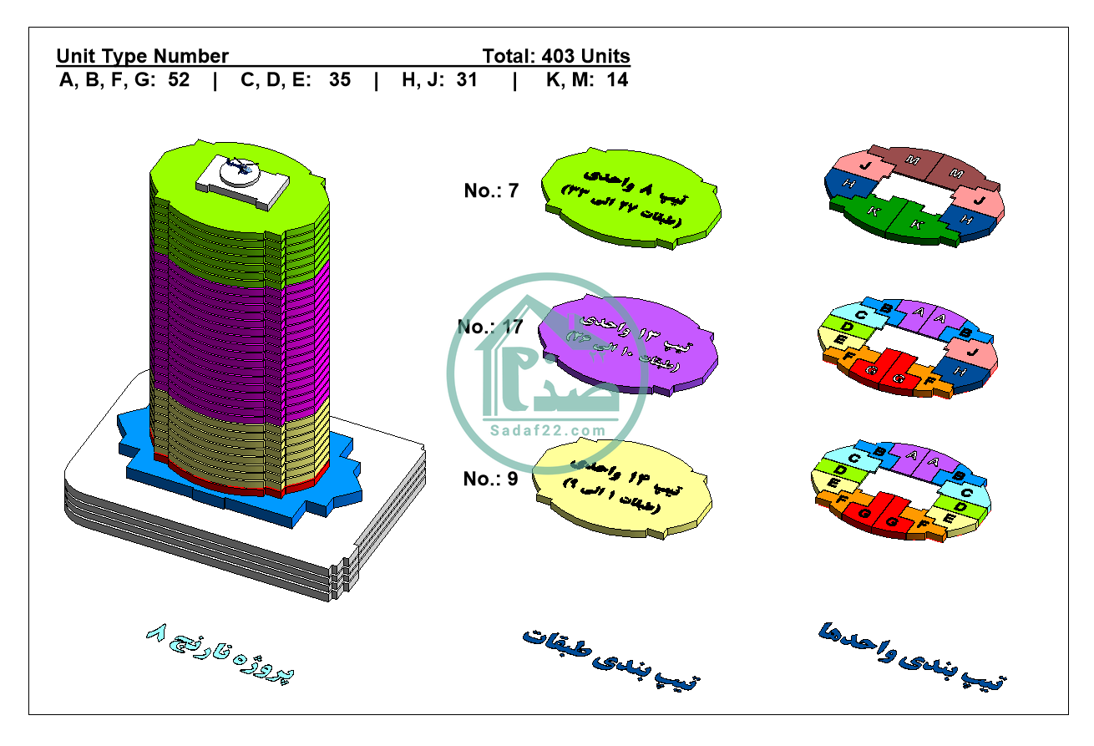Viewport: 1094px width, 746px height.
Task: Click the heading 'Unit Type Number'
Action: click(x=142, y=57)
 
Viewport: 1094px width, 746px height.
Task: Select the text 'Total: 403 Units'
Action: click(x=555, y=57)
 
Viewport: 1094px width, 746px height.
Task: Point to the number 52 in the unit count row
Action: click(x=179, y=81)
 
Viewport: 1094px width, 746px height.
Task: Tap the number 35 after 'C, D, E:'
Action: click(x=340, y=81)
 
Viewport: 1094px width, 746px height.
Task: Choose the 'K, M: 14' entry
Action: click(x=586, y=81)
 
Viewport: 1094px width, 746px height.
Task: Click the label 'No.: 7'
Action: click(x=491, y=191)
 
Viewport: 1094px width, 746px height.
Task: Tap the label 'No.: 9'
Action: click(x=491, y=480)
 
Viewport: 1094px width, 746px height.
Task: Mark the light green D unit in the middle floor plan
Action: click(x=846, y=326)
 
